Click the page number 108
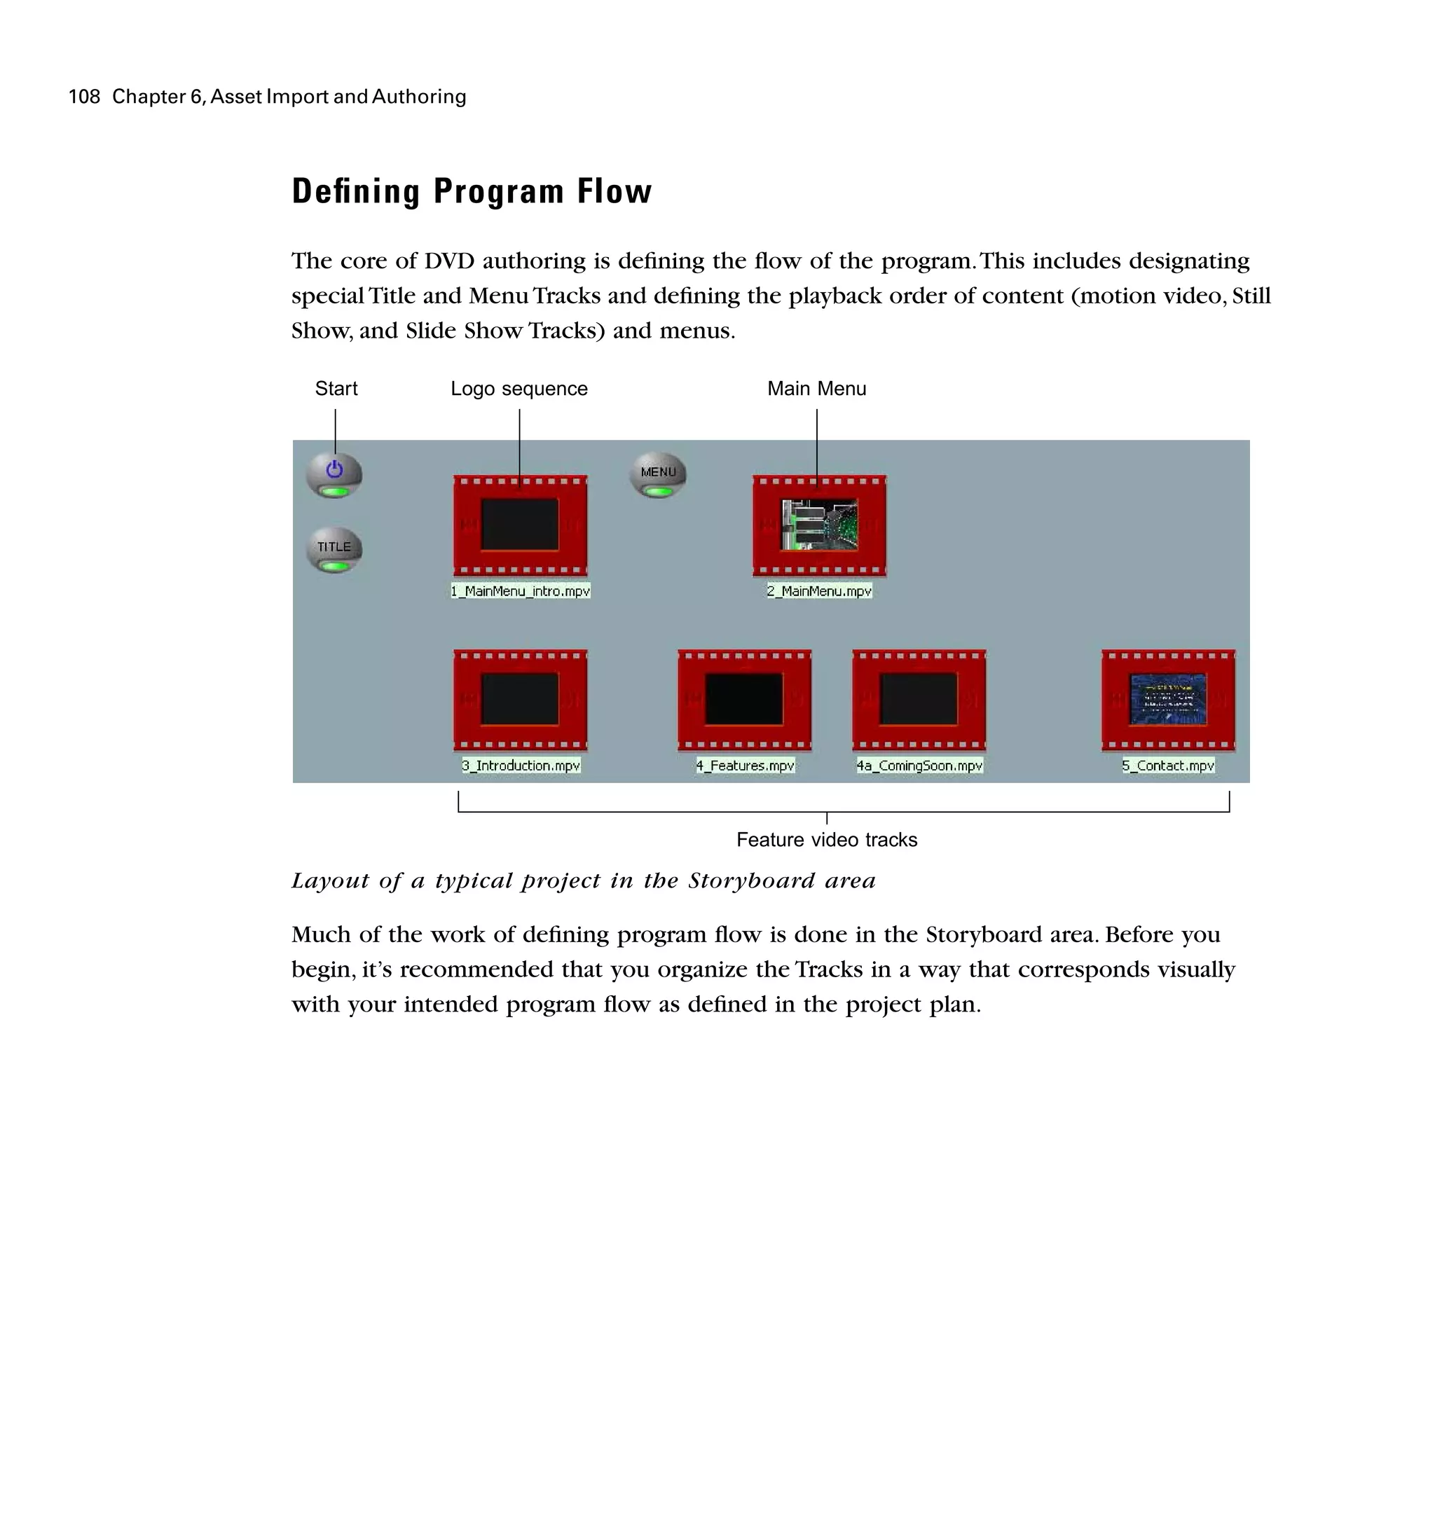(x=85, y=97)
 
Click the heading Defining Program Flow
(x=472, y=191)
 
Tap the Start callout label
(x=336, y=389)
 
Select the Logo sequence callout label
(x=519, y=389)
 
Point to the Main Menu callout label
(x=816, y=389)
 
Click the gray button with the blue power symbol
(x=334, y=475)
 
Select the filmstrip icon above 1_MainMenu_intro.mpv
(x=520, y=525)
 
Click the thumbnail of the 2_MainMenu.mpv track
(x=819, y=525)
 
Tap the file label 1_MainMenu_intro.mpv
(x=520, y=590)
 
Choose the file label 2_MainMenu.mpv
(x=819, y=590)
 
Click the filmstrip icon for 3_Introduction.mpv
(x=520, y=700)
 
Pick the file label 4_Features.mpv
(x=744, y=765)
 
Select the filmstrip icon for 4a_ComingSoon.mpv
(x=919, y=700)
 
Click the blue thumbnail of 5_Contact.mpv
(x=1167, y=700)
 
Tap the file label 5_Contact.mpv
(x=1167, y=765)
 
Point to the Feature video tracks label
(x=827, y=840)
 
